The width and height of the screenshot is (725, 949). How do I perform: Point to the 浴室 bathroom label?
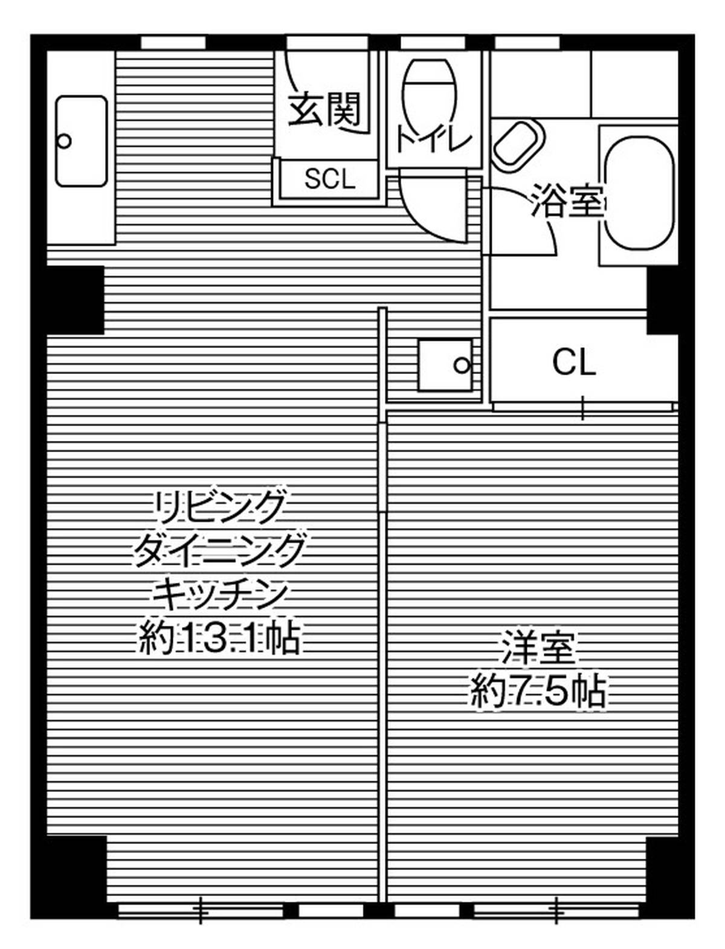[x=567, y=200]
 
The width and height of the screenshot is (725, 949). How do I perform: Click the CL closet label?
[x=575, y=362]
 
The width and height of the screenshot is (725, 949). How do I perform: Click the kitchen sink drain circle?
[x=65, y=141]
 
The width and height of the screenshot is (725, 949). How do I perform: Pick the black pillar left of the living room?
[x=76, y=300]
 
